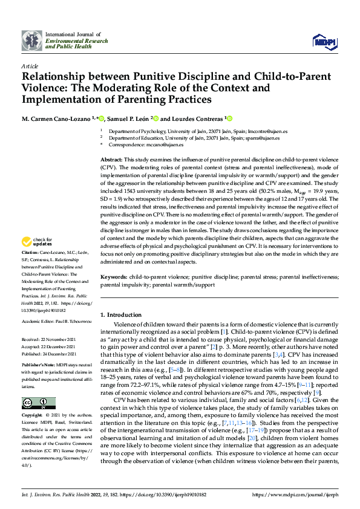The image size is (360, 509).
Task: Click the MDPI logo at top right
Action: (324, 41)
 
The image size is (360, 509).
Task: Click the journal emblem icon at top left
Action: (32, 41)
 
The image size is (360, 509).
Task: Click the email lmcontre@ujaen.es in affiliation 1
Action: (268, 131)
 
